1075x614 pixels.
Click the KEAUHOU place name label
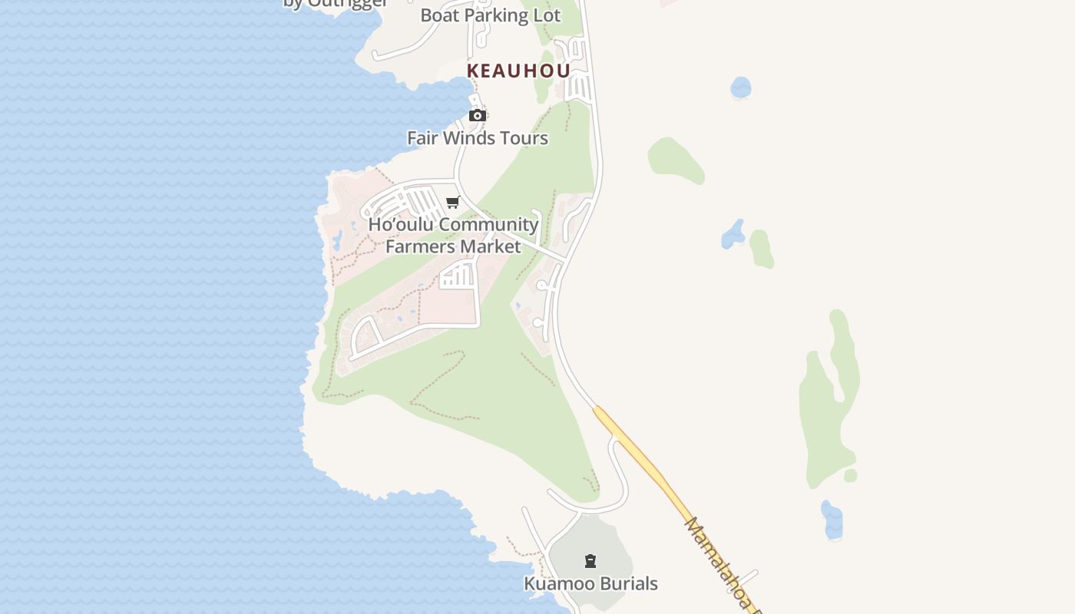pos(518,71)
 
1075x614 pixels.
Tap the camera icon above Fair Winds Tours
pos(478,116)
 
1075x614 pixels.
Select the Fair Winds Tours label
pos(478,138)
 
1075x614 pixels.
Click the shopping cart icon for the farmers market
pos(452,203)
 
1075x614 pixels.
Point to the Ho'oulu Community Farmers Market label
pos(453,235)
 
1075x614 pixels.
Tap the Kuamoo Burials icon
pos(590,561)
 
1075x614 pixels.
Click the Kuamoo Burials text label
pos(590,584)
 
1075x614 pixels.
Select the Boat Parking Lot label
pos(490,15)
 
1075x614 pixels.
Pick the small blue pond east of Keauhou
pos(741,87)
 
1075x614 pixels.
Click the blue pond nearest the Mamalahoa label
pos(832,520)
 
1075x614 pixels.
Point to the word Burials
pos(623,584)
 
